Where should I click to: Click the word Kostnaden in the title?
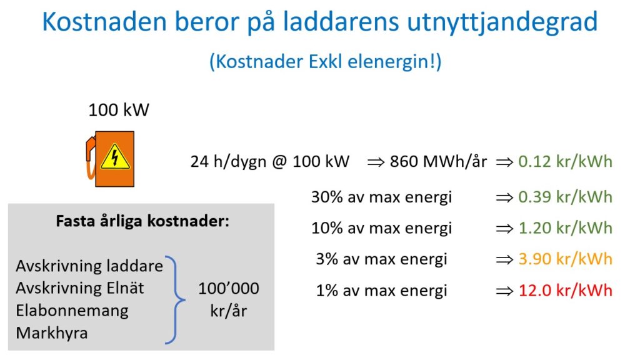tap(104, 22)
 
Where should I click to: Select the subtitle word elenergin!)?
tap(394, 62)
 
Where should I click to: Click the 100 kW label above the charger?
tap(119, 110)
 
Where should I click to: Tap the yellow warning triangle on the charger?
tap(115, 157)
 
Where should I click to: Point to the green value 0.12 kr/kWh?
tap(565, 162)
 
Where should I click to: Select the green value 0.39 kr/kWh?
tap(565, 197)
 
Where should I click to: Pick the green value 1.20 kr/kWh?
tap(565, 227)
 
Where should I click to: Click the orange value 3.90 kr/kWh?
tap(565, 259)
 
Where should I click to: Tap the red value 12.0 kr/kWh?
tap(565, 290)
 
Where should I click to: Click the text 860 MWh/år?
tap(438, 161)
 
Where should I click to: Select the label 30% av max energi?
tap(382, 197)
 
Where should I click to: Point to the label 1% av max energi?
tap(382, 291)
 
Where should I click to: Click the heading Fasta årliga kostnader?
tap(142, 221)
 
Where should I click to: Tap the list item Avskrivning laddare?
tap(89, 266)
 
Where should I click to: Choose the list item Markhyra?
tap(52, 333)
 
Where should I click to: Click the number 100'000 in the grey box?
tap(229, 289)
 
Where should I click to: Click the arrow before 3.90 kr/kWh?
tap(504, 259)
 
